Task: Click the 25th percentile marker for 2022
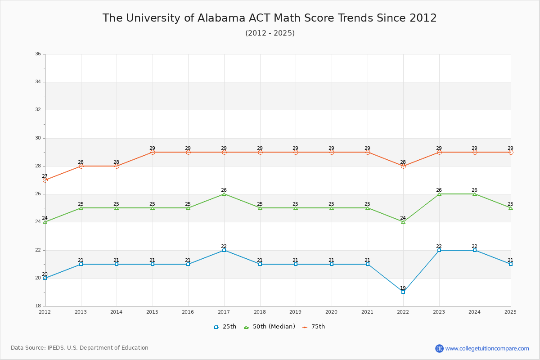tap(403, 292)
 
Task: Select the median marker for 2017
tap(224, 194)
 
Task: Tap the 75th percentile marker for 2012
tap(45, 180)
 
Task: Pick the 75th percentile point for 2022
tap(403, 166)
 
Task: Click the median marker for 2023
tap(439, 194)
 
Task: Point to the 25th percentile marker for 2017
tap(224, 250)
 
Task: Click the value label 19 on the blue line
tap(403, 288)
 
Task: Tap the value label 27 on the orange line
tap(45, 176)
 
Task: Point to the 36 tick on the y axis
tap(38, 54)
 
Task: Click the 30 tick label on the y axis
tap(38, 138)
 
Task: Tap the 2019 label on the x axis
tap(296, 312)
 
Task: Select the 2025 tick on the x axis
tap(510, 312)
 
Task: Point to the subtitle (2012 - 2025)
tap(270, 33)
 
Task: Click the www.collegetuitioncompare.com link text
tap(487, 348)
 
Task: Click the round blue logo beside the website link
tap(439, 348)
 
